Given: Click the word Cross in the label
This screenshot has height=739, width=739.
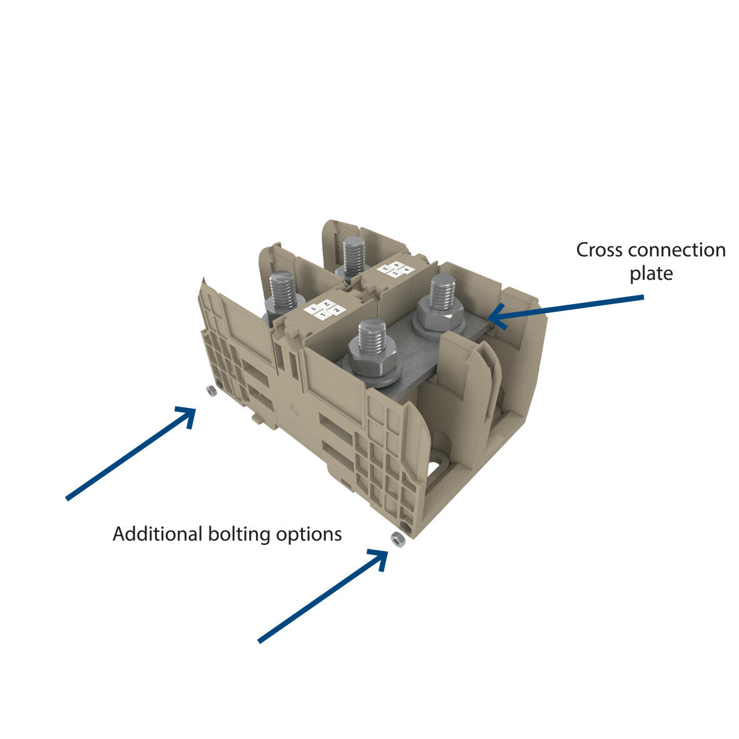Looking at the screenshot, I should click(x=598, y=250).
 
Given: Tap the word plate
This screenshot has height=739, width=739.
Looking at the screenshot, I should click(x=651, y=273).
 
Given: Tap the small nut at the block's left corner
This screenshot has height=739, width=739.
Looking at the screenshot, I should click(x=211, y=391).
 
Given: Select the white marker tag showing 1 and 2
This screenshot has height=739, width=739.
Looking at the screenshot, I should click(x=324, y=309).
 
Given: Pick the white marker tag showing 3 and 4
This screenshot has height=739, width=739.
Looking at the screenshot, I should click(x=395, y=270).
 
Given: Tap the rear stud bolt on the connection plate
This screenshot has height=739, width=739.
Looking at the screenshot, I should click(x=442, y=294).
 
